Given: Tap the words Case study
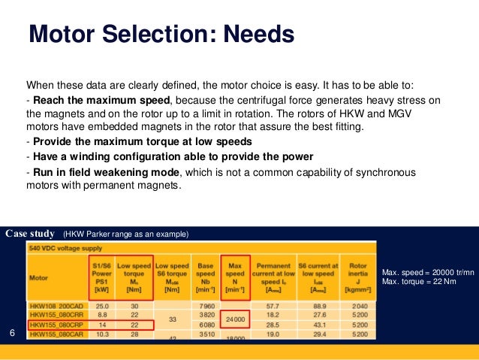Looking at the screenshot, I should [31, 234].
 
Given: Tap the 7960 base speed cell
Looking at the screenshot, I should [204, 306].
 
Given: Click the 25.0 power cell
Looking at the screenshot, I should [102, 306].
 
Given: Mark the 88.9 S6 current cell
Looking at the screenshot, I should [318, 306].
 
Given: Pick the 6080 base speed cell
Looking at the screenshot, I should [204, 325].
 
